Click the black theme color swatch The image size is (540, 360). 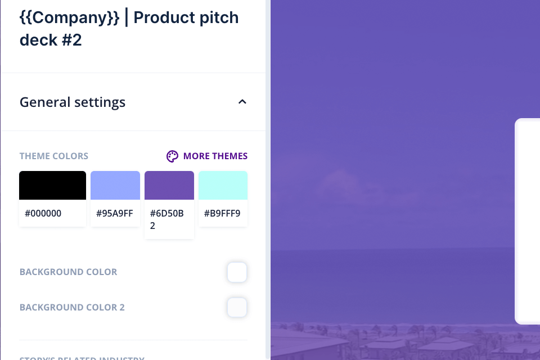click(52, 186)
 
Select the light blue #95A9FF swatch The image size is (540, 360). click(115, 186)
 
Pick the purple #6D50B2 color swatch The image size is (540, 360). click(169, 186)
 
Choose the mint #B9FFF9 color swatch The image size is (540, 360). click(223, 186)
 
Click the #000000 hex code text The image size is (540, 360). click(43, 214)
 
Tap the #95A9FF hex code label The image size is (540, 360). click(114, 214)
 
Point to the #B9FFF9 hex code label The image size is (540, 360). click(222, 214)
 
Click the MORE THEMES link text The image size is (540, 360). click(215, 156)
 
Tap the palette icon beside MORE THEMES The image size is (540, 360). click(172, 156)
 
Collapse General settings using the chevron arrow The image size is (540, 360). click(242, 102)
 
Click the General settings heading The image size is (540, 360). click(73, 102)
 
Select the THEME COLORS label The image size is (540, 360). click(54, 156)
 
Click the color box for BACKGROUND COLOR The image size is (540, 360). click(237, 272)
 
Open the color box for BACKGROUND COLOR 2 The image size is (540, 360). click(237, 308)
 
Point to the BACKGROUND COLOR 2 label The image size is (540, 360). click(72, 308)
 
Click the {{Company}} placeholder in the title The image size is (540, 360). click(69, 17)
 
